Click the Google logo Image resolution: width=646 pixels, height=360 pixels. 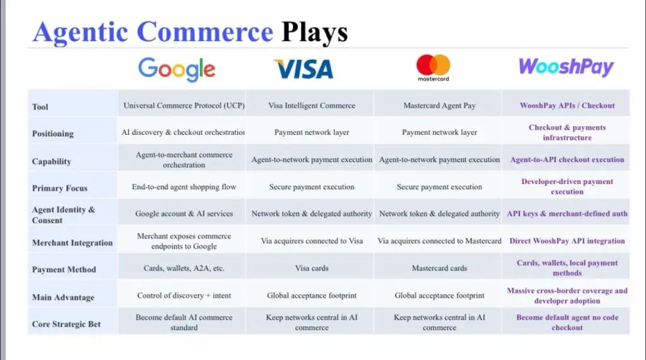[x=177, y=69]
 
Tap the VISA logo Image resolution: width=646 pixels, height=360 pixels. [x=303, y=69]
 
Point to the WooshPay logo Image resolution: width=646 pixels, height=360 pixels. [x=566, y=67]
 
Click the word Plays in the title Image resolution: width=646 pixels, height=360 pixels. [x=314, y=32]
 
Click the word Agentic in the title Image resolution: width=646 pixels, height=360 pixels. [x=80, y=32]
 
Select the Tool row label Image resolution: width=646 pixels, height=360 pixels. [x=40, y=107]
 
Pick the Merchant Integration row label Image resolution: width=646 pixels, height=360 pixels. [x=72, y=243]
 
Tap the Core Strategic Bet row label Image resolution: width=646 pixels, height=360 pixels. [x=66, y=324]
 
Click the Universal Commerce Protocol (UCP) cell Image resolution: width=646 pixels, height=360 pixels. [x=184, y=105]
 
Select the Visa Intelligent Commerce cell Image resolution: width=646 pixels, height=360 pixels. [x=312, y=105]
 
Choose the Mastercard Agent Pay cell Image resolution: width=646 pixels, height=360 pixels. [x=439, y=105]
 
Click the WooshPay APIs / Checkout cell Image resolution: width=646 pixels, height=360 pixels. [x=567, y=105]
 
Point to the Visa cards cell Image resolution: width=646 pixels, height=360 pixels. [x=312, y=268]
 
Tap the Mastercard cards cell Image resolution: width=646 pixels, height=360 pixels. [x=439, y=268]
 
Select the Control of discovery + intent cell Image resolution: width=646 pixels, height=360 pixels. [x=184, y=295]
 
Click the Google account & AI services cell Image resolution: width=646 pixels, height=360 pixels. [x=184, y=214]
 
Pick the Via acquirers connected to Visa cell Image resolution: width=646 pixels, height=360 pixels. [x=312, y=241]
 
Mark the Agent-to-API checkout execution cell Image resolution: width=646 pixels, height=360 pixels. [x=567, y=160]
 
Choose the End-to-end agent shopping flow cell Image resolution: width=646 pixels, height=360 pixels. [x=184, y=187]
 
